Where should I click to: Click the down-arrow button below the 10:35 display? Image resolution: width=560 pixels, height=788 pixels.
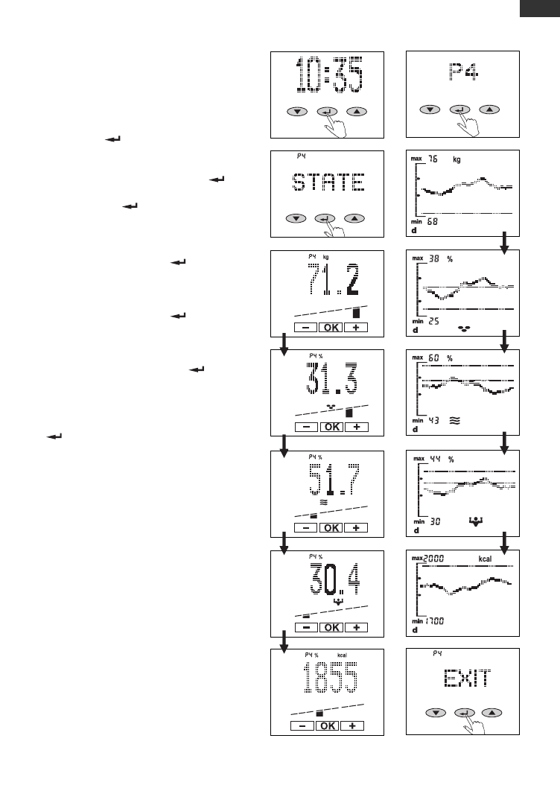pyautogui.click(x=297, y=112)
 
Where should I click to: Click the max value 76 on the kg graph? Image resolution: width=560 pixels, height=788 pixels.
pyautogui.click(x=436, y=159)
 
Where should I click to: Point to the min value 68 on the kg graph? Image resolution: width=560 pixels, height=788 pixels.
pyautogui.click(x=433, y=223)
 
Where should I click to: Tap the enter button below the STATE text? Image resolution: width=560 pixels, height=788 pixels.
pyautogui.click(x=324, y=218)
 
